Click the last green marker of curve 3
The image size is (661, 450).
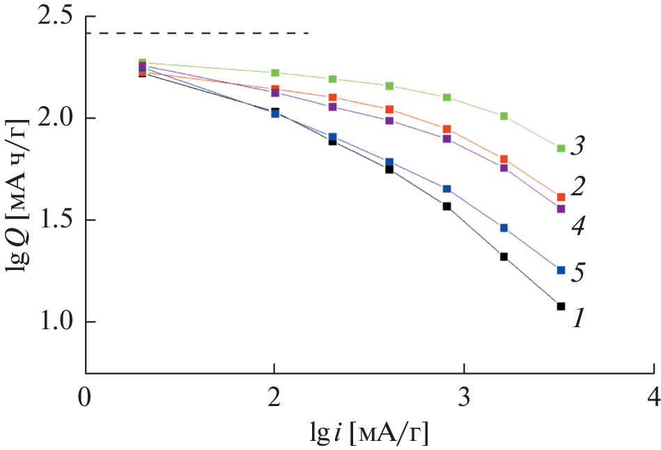(x=561, y=148)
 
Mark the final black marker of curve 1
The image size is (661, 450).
(x=561, y=306)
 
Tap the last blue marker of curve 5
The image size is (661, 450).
(x=561, y=270)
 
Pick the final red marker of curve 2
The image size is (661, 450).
(x=561, y=197)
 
